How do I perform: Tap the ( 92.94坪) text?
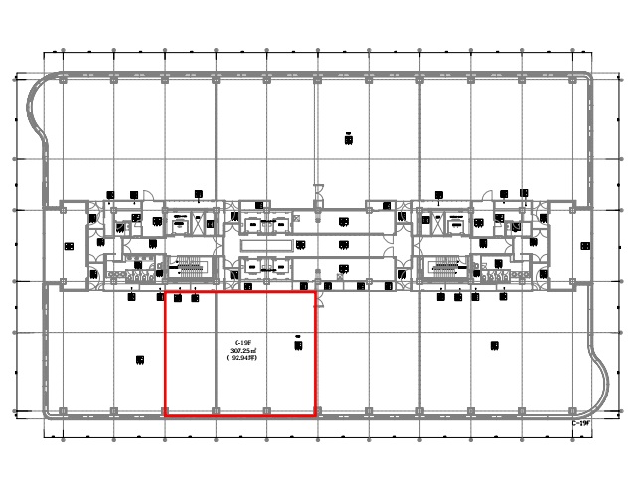pos(242,359)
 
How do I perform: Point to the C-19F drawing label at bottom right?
pos(581,423)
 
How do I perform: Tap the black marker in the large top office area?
pos(349,139)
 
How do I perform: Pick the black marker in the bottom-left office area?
pos(140,361)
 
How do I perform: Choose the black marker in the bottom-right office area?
pos(494,346)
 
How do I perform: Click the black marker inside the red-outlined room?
pos(298,345)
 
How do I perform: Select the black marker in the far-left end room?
pos(69,245)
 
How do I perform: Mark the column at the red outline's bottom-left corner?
pos(164,409)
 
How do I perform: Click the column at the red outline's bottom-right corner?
pos(316,409)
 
